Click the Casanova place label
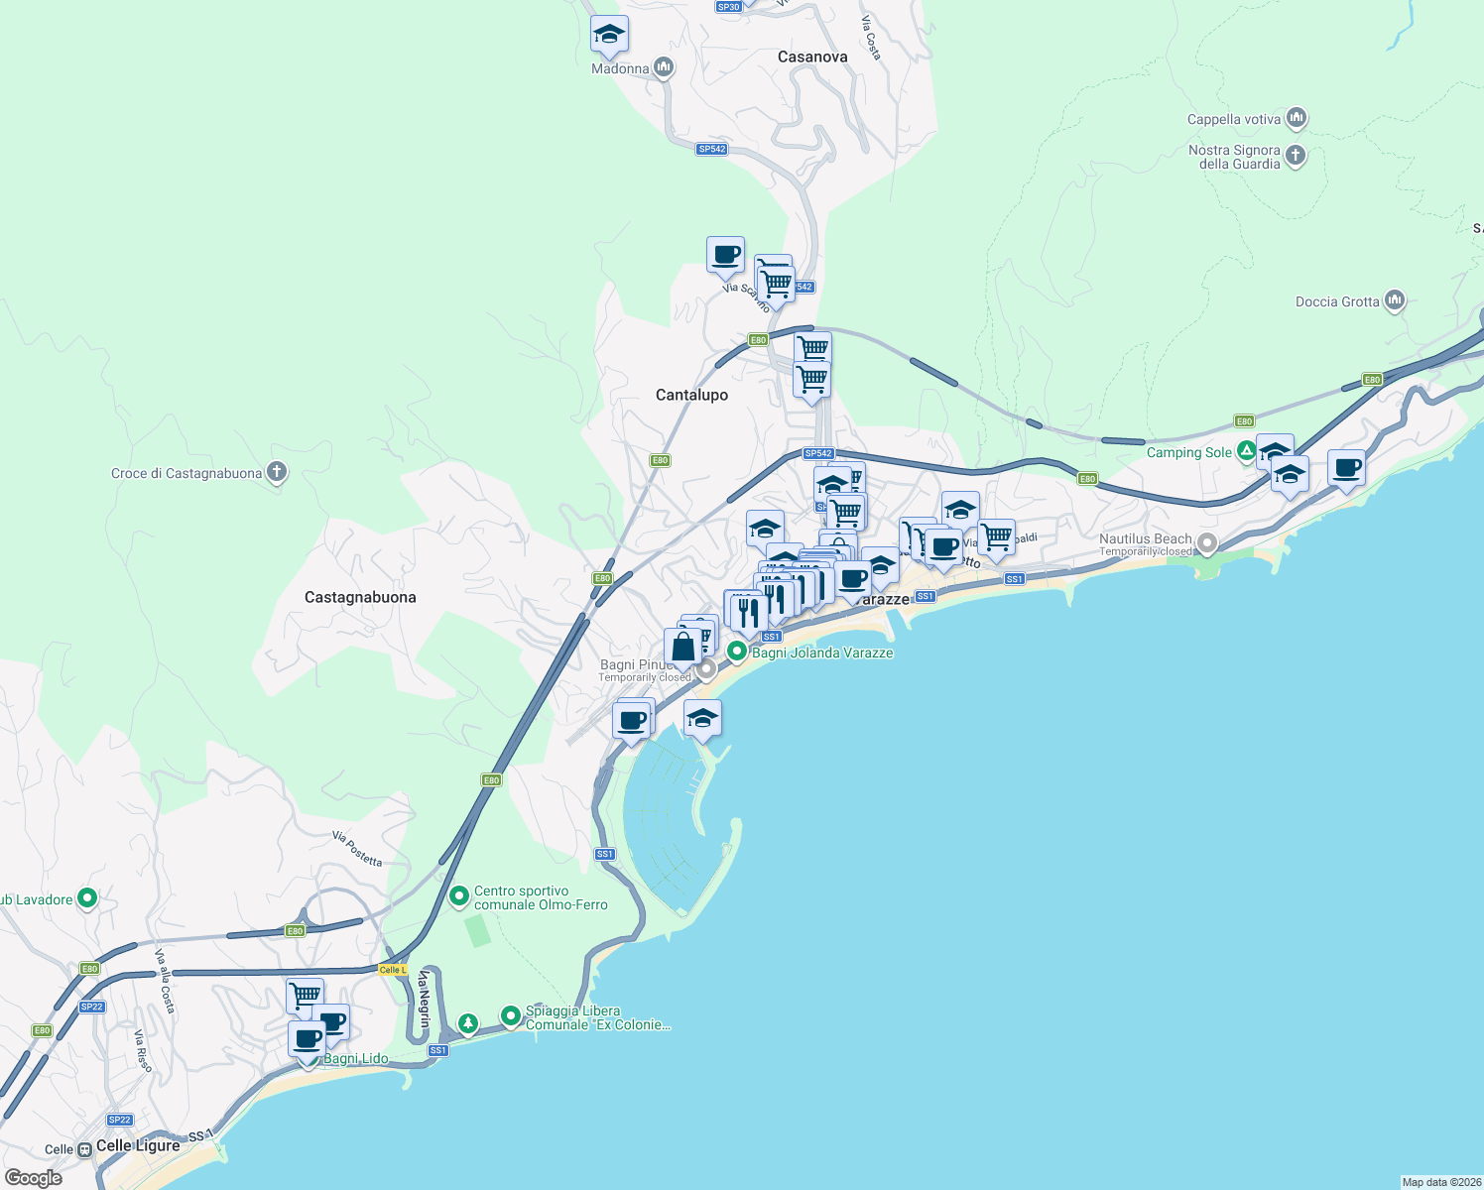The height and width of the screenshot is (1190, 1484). [x=812, y=58]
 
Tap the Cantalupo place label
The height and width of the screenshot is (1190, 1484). [x=691, y=395]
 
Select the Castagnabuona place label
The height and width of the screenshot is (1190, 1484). [x=360, y=597]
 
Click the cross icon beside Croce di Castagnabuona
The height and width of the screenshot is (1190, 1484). [x=277, y=473]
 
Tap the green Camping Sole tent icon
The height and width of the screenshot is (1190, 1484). [x=1247, y=452]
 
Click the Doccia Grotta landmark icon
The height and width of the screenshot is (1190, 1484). [x=1395, y=300]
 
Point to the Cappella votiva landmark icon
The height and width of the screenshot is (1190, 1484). [x=1296, y=119]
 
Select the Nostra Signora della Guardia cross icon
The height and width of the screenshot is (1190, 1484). [x=1296, y=156]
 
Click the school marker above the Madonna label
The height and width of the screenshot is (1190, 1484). [x=609, y=36]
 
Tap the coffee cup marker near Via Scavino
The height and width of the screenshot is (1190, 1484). [x=725, y=255]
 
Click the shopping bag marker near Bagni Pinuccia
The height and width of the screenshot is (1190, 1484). [x=683, y=647]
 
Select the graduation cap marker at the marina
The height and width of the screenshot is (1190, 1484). [x=702, y=719]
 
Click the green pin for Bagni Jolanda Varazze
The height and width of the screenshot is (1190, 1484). [x=737, y=653]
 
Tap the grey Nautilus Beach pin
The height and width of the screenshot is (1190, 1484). [x=1207, y=543]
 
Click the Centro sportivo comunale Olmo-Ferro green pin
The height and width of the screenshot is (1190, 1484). [x=458, y=897]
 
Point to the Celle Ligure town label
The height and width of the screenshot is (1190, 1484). [x=138, y=1145]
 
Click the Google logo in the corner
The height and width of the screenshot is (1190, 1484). [x=34, y=1178]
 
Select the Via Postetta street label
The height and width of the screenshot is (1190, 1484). [x=357, y=849]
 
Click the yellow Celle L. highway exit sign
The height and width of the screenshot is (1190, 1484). [x=393, y=970]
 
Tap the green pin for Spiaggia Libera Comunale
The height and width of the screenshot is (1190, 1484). [x=510, y=1016]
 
